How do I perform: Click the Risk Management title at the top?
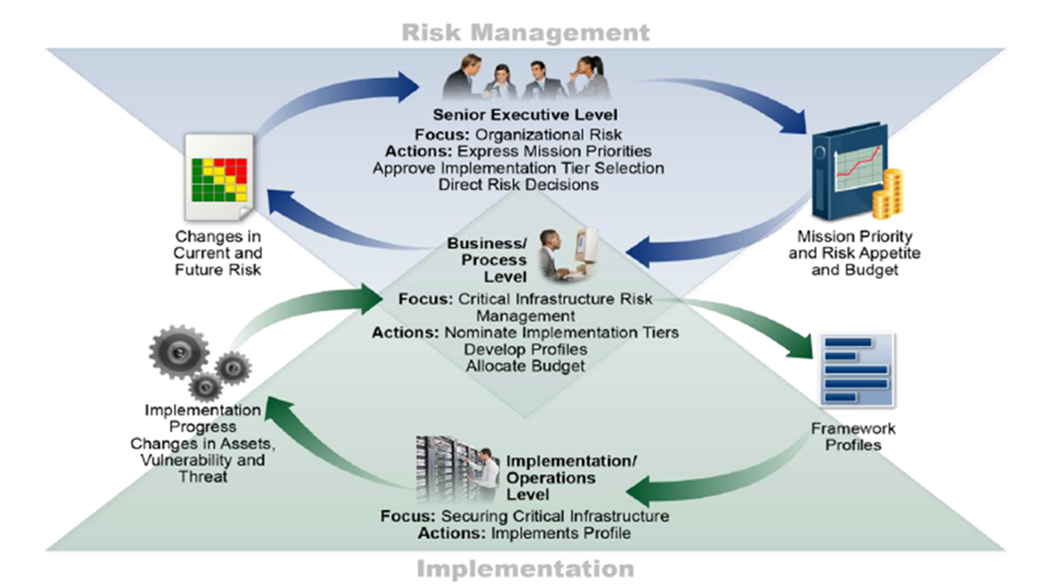click(525, 32)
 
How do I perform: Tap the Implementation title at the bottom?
click(525, 569)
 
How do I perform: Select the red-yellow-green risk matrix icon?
click(219, 179)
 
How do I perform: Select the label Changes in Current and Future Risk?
click(218, 253)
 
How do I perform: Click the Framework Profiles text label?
click(852, 436)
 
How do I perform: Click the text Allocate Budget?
click(525, 365)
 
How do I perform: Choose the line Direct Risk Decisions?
click(518, 184)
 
